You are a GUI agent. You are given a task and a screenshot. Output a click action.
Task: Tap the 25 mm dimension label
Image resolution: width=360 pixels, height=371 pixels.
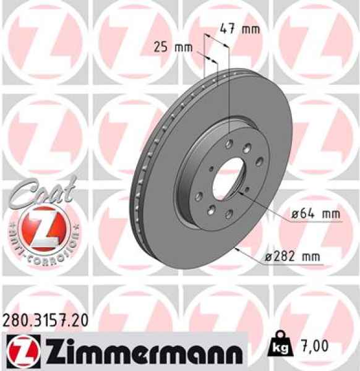point(171,46)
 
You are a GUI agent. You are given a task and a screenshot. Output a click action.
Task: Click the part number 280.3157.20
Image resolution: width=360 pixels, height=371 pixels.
point(45,320)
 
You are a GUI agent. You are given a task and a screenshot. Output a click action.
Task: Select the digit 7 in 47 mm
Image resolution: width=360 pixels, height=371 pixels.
point(229,28)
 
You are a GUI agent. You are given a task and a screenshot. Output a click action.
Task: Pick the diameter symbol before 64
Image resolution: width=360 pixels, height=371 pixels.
point(296,215)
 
